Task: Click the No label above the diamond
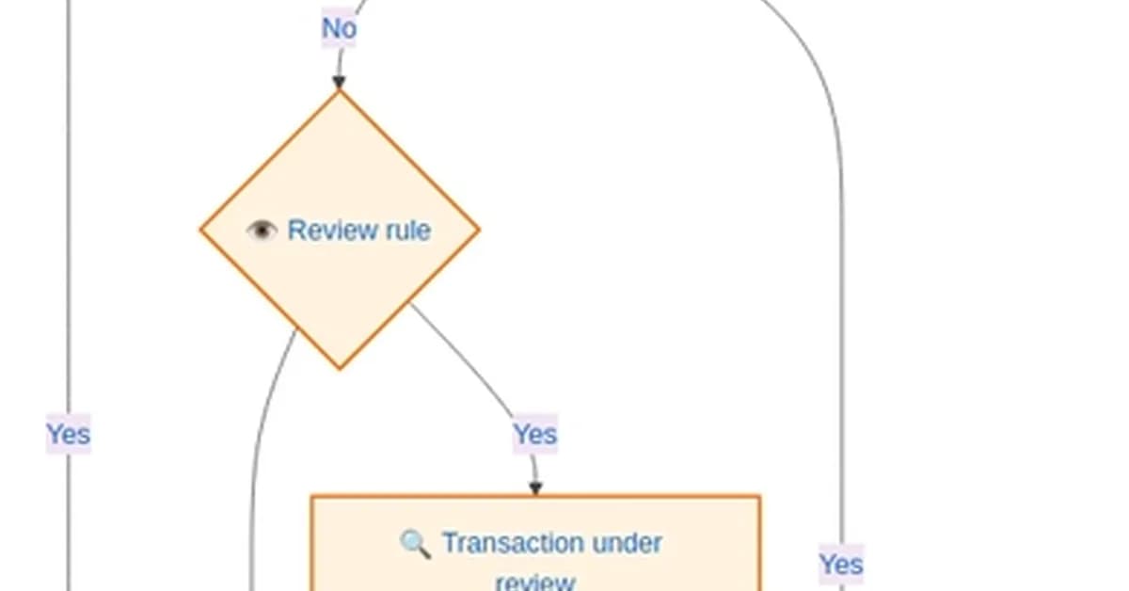(x=339, y=28)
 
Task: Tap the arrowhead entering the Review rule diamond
(x=339, y=83)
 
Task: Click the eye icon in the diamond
(x=261, y=230)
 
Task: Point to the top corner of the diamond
(x=340, y=92)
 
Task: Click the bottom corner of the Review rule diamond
(x=340, y=367)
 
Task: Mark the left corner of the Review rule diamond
(x=201, y=230)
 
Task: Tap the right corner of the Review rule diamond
(x=478, y=230)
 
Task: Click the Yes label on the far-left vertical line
(x=68, y=435)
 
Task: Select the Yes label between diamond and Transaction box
(x=534, y=435)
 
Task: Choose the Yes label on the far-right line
(x=840, y=564)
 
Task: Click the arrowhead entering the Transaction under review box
(x=535, y=487)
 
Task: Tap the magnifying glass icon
(x=415, y=543)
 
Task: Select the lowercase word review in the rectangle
(x=534, y=582)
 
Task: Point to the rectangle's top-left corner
(x=312, y=497)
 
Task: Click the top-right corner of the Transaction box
(x=758, y=497)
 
